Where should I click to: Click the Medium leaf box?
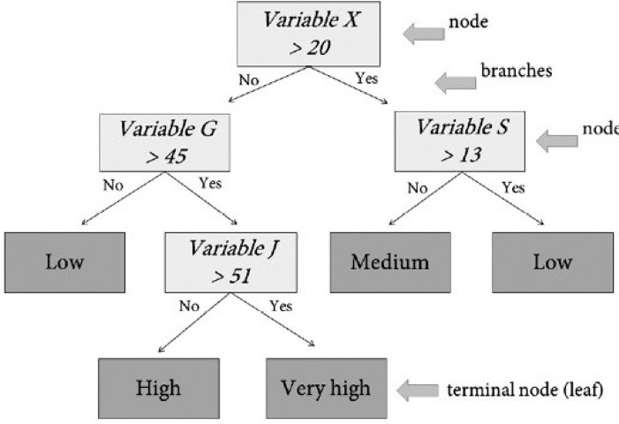[389, 262]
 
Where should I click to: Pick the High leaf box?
[158, 387]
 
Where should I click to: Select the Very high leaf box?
[326, 387]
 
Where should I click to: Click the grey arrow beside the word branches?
[456, 82]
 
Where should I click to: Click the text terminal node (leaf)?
[525, 388]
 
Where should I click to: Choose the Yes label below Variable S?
[512, 187]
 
